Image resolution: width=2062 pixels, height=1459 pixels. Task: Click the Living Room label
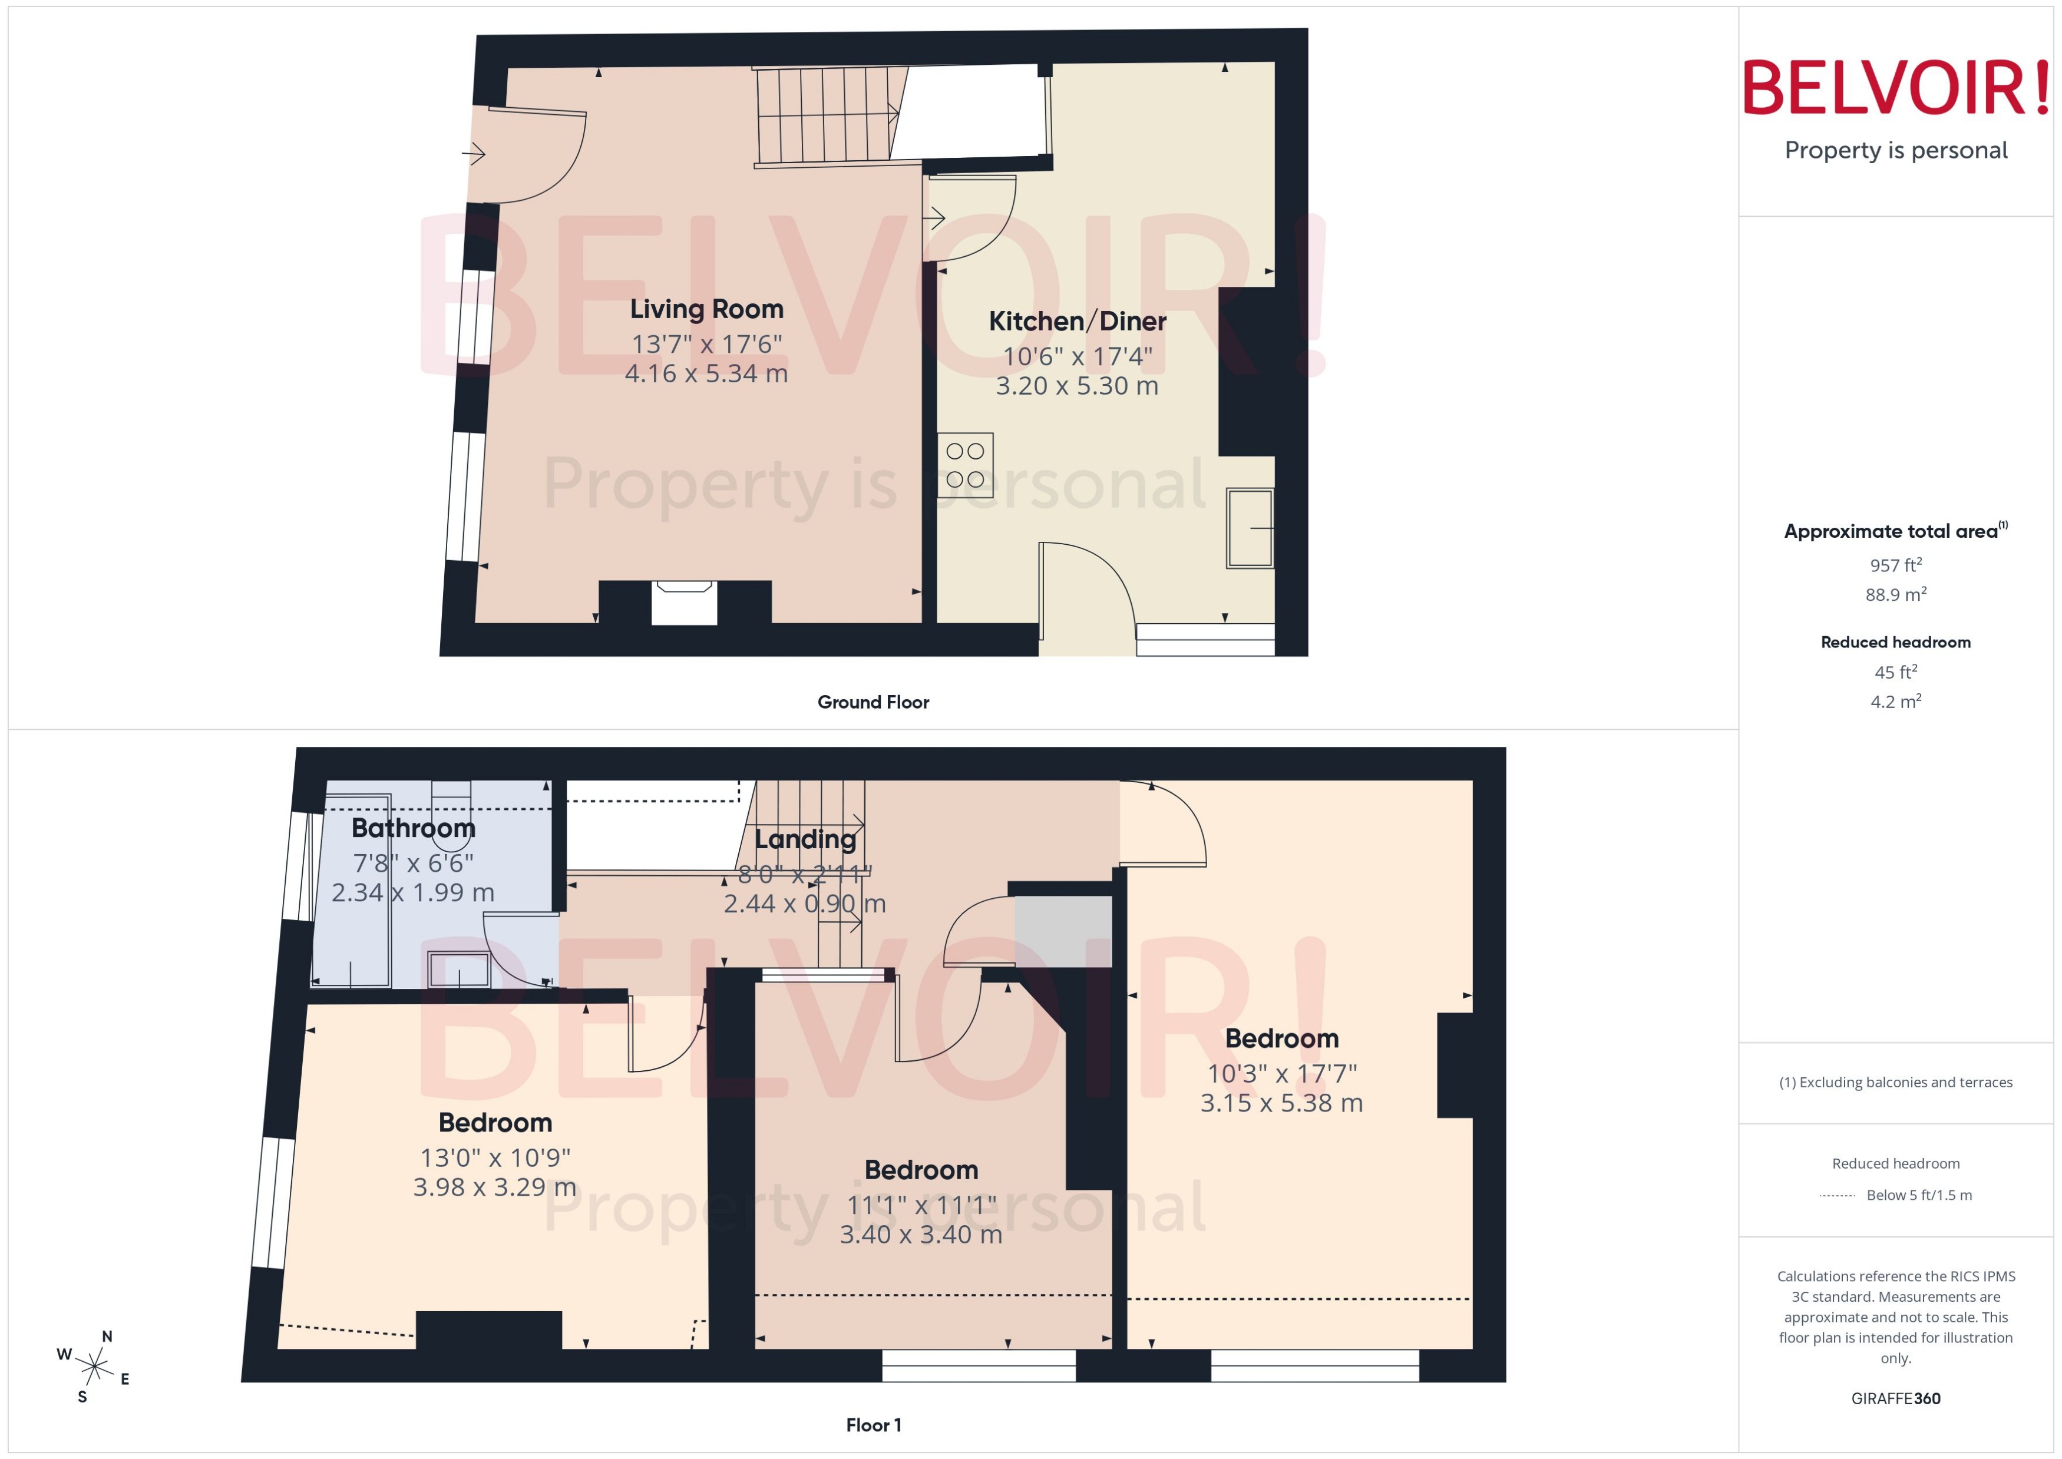[x=706, y=309]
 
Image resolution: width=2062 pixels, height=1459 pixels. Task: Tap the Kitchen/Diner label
[x=1078, y=321]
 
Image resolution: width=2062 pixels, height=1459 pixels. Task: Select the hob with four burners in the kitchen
[x=965, y=465]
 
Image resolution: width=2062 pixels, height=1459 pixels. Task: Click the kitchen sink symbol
[x=1250, y=528]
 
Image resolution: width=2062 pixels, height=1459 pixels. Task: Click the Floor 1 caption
[x=873, y=1425]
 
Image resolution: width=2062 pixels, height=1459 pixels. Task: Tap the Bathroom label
[x=414, y=828]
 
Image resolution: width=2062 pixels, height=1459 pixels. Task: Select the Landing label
[x=805, y=839]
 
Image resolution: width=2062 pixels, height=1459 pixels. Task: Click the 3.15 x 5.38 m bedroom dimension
[x=1281, y=1103]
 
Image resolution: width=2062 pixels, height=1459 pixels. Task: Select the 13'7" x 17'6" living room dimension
[x=706, y=344]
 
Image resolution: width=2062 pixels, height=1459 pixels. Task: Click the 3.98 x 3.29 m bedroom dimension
[x=494, y=1187]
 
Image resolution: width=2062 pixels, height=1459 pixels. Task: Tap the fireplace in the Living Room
[x=684, y=602]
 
